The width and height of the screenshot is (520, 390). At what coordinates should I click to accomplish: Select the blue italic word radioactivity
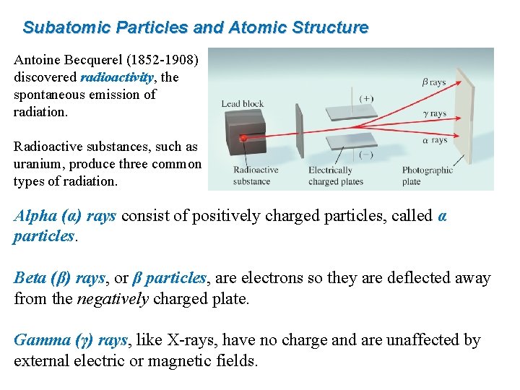coord(117,77)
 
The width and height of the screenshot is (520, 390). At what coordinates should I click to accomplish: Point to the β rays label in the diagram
coord(433,82)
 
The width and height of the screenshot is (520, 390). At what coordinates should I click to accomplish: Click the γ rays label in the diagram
coord(433,113)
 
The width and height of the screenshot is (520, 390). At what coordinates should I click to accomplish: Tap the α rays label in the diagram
coord(435,139)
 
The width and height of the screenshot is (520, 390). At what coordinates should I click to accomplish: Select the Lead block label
coord(242,104)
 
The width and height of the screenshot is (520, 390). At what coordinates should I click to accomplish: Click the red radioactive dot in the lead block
coord(244,138)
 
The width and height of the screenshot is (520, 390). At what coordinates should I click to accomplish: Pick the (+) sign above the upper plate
coord(366,98)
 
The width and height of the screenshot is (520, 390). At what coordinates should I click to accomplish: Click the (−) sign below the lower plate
coord(366,154)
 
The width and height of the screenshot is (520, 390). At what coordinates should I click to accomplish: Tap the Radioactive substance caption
coord(256,175)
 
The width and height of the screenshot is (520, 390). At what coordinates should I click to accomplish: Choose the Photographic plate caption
coord(427,175)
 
